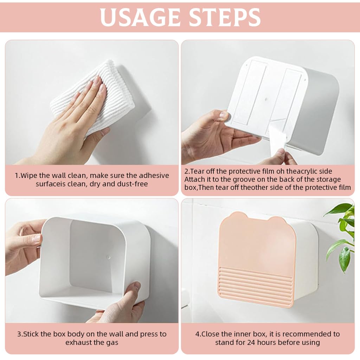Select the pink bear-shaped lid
point(257,246)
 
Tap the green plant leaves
point(343,232)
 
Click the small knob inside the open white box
point(108,257)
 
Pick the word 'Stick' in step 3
point(31,334)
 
